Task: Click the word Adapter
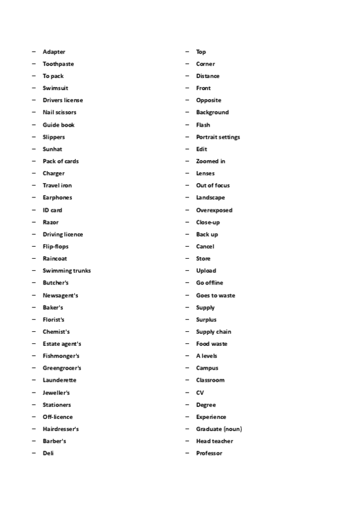pyautogui.click(x=54, y=52)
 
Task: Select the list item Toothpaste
pyautogui.click(x=58, y=64)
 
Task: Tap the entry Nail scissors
pyautogui.click(x=59, y=112)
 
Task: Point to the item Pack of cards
pyautogui.click(x=61, y=161)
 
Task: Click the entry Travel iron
pyautogui.click(x=57, y=185)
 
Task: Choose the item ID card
pyautogui.click(x=52, y=210)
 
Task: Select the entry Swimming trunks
pyautogui.click(x=67, y=271)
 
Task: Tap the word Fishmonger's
pyautogui.click(x=61, y=356)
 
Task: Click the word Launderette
pyautogui.click(x=59, y=380)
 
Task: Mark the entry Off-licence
pyautogui.click(x=58, y=417)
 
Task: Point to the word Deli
pyautogui.click(x=48, y=453)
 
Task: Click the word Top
pyautogui.click(x=201, y=52)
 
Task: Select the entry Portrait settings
pyautogui.click(x=218, y=137)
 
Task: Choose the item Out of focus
pyautogui.click(x=213, y=185)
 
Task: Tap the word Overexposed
pyautogui.click(x=214, y=210)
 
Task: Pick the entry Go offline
pyautogui.click(x=210, y=283)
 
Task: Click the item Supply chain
pyautogui.click(x=214, y=331)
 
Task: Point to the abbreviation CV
pyautogui.click(x=200, y=393)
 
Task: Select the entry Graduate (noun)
pyautogui.click(x=219, y=429)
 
